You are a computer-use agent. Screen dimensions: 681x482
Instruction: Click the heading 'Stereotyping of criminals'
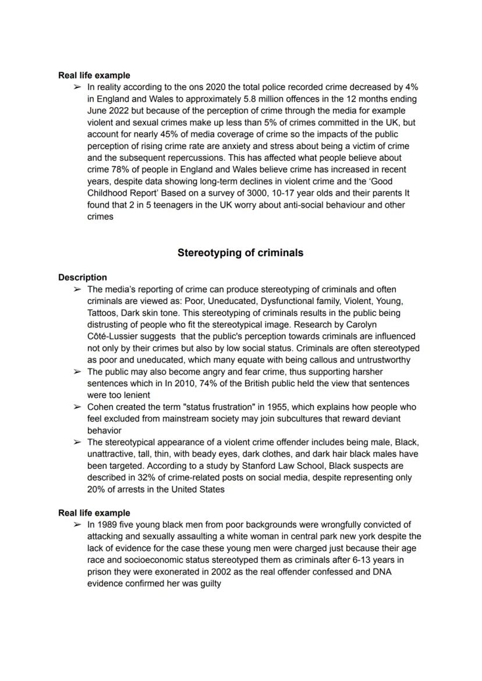click(x=240, y=253)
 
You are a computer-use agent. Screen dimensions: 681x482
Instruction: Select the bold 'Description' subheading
click(x=82, y=277)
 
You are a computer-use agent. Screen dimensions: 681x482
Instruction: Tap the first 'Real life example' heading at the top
click(x=94, y=75)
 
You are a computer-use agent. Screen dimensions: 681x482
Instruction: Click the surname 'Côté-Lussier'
click(x=114, y=337)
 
